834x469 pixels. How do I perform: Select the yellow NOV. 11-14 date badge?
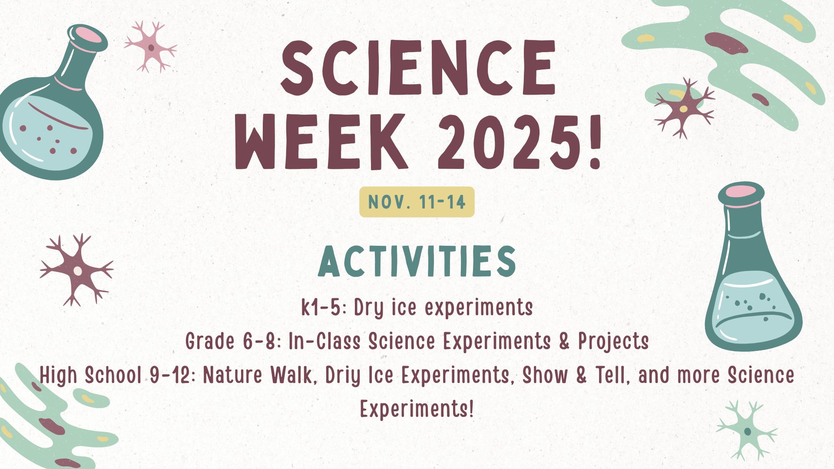pyautogui.click(x=417, y=202)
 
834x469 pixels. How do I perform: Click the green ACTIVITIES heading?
pyautogui.click(x=417, y=261)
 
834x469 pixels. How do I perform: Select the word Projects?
pyautogui.click(x=613, y=341)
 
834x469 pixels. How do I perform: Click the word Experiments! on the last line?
pyautogui.click(x=417, y=409)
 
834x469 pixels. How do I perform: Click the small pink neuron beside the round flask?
pyautogui.click(x=151, y=46)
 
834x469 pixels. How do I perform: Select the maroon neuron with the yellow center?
pyautogui.click(x=684, y=108)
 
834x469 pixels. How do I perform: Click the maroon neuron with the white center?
pyautogui.click(x=77, y=270)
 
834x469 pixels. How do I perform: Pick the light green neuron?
pyautogui.click(x=747, y=431)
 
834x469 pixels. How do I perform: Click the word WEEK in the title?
pyautogui.click(x=321, y=141)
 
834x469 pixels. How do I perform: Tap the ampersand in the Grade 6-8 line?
pyautogui.click(x=564, y=341)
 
